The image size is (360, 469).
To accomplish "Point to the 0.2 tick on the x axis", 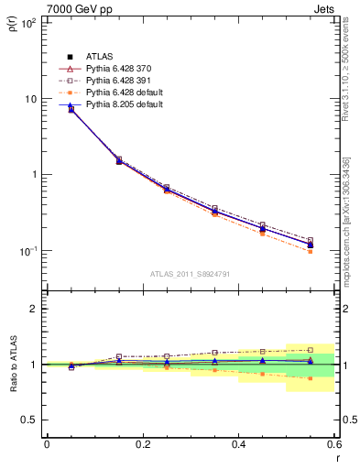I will click(142, 444).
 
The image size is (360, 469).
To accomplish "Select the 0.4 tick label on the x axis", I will click(238, 444).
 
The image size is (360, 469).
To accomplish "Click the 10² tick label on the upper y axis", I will click(28, 23).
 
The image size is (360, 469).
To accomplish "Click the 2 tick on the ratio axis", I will click(35, 310).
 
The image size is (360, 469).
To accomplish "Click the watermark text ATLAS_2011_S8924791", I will click(190, 273).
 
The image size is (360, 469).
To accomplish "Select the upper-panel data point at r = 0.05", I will click(71, 109).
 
